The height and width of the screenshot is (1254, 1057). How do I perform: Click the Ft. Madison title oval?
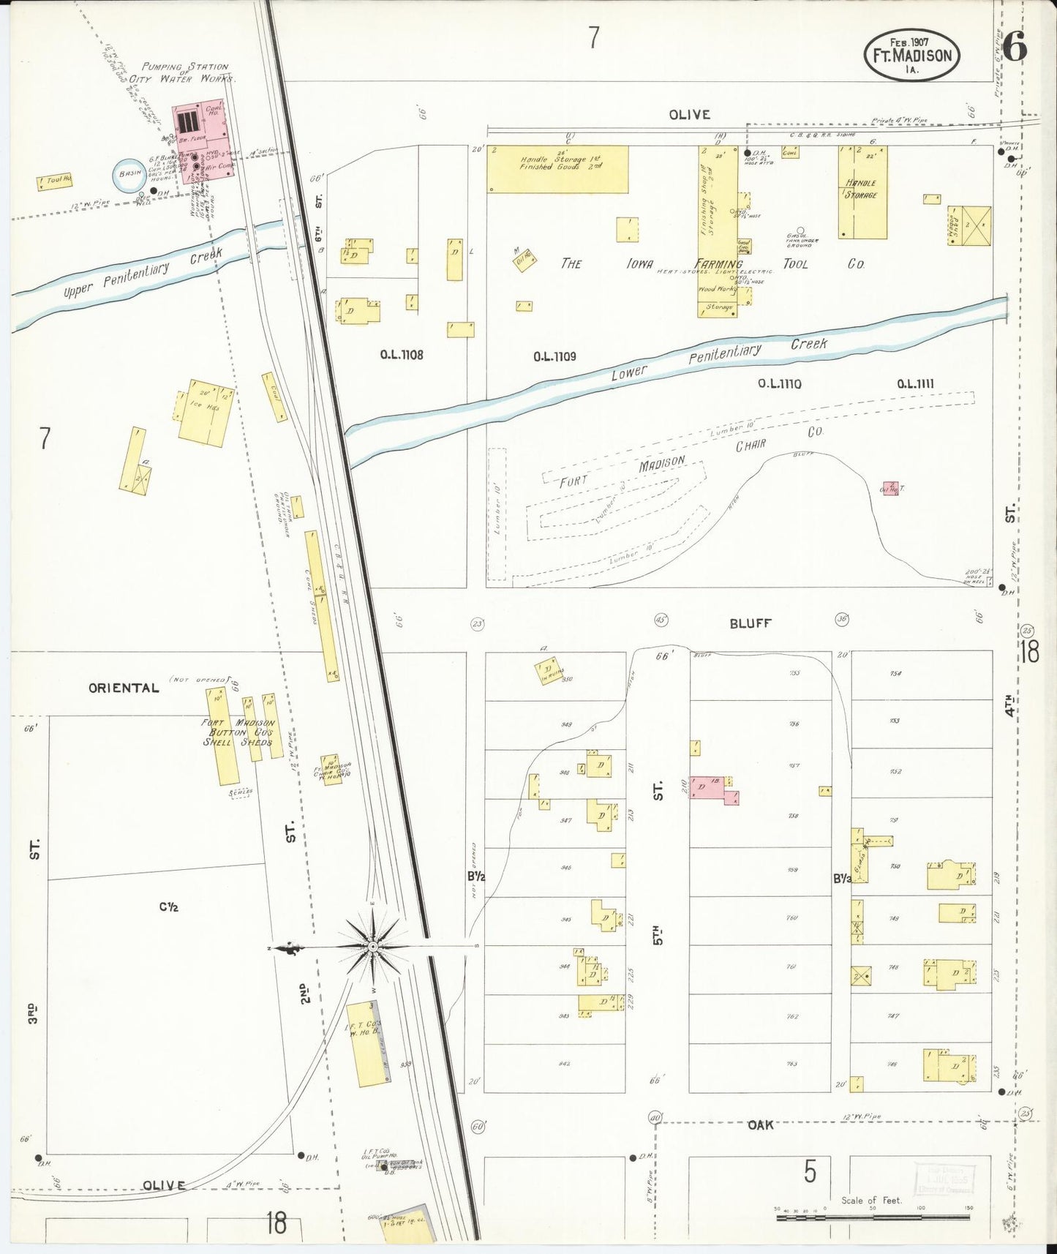911,56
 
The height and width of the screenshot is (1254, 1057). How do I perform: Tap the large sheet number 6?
1014,48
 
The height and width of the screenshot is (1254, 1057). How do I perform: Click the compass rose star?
373,947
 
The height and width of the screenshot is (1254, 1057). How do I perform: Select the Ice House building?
206,413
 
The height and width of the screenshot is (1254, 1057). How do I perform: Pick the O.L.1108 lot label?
402,355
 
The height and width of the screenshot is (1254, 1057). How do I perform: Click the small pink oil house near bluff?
890,489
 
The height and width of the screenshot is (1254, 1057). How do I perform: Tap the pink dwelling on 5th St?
712,789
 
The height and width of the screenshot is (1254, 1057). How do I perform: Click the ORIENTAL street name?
124,688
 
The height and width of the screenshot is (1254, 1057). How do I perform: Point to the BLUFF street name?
750,623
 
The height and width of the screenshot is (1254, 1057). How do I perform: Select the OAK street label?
760,1125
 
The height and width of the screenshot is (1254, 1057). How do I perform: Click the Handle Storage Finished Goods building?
557,168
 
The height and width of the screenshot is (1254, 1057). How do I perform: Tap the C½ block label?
169,907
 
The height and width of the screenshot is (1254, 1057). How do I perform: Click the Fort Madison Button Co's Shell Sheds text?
238,732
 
